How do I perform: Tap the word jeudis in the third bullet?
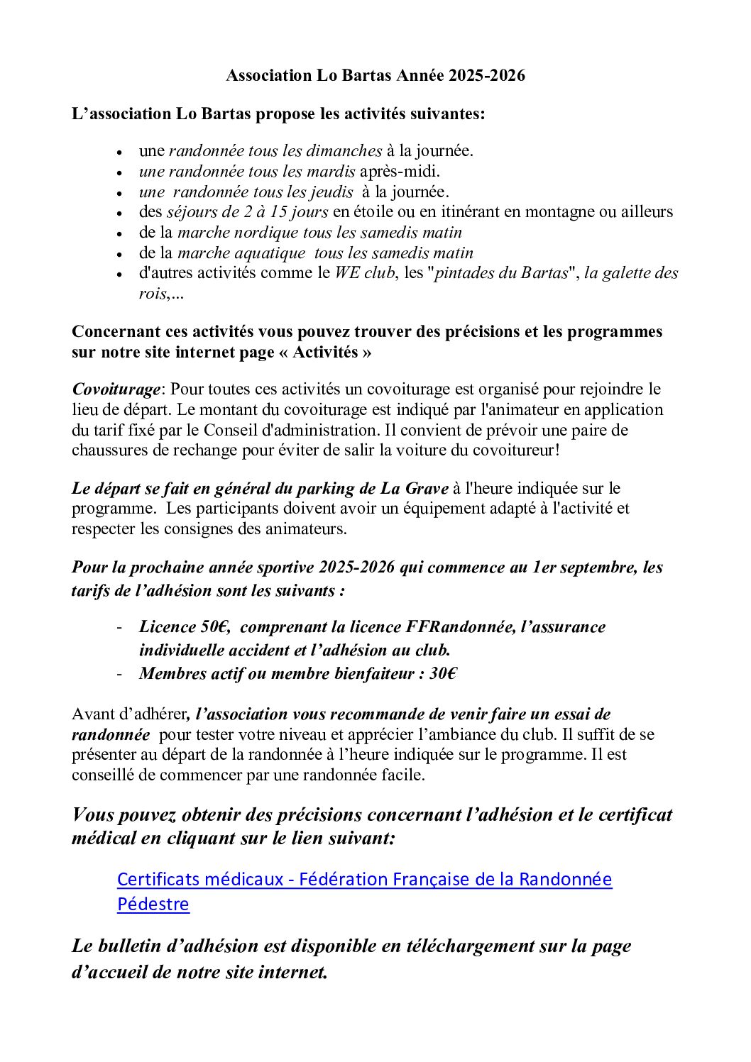(332, 192)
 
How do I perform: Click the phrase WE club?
(364, 273)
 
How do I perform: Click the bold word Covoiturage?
(116, 389)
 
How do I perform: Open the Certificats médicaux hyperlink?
(364, 880)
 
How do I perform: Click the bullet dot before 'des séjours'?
(121, 213)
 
